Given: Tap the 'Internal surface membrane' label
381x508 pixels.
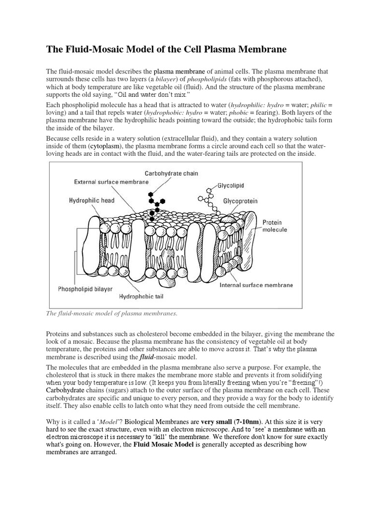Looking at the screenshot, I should point(256,285).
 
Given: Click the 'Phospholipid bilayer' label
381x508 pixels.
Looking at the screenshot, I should point(85,288).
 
